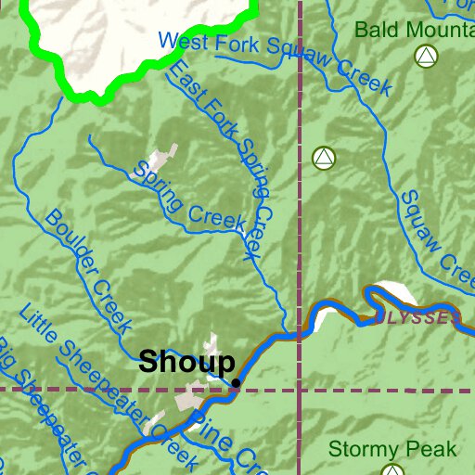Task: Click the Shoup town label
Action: [x=186, y=363]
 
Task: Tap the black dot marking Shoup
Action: [x=237, y=382]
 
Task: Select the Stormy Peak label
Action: [x=392, y=450]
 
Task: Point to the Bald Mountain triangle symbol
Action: [x=425, y=57]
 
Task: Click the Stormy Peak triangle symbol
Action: [x=393, y=470]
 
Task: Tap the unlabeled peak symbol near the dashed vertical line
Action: [x=323, y=157]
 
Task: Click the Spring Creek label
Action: [x=189, y=198]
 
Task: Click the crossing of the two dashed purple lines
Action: [x=301, y=389]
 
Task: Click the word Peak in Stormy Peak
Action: [x=430, y=450]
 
